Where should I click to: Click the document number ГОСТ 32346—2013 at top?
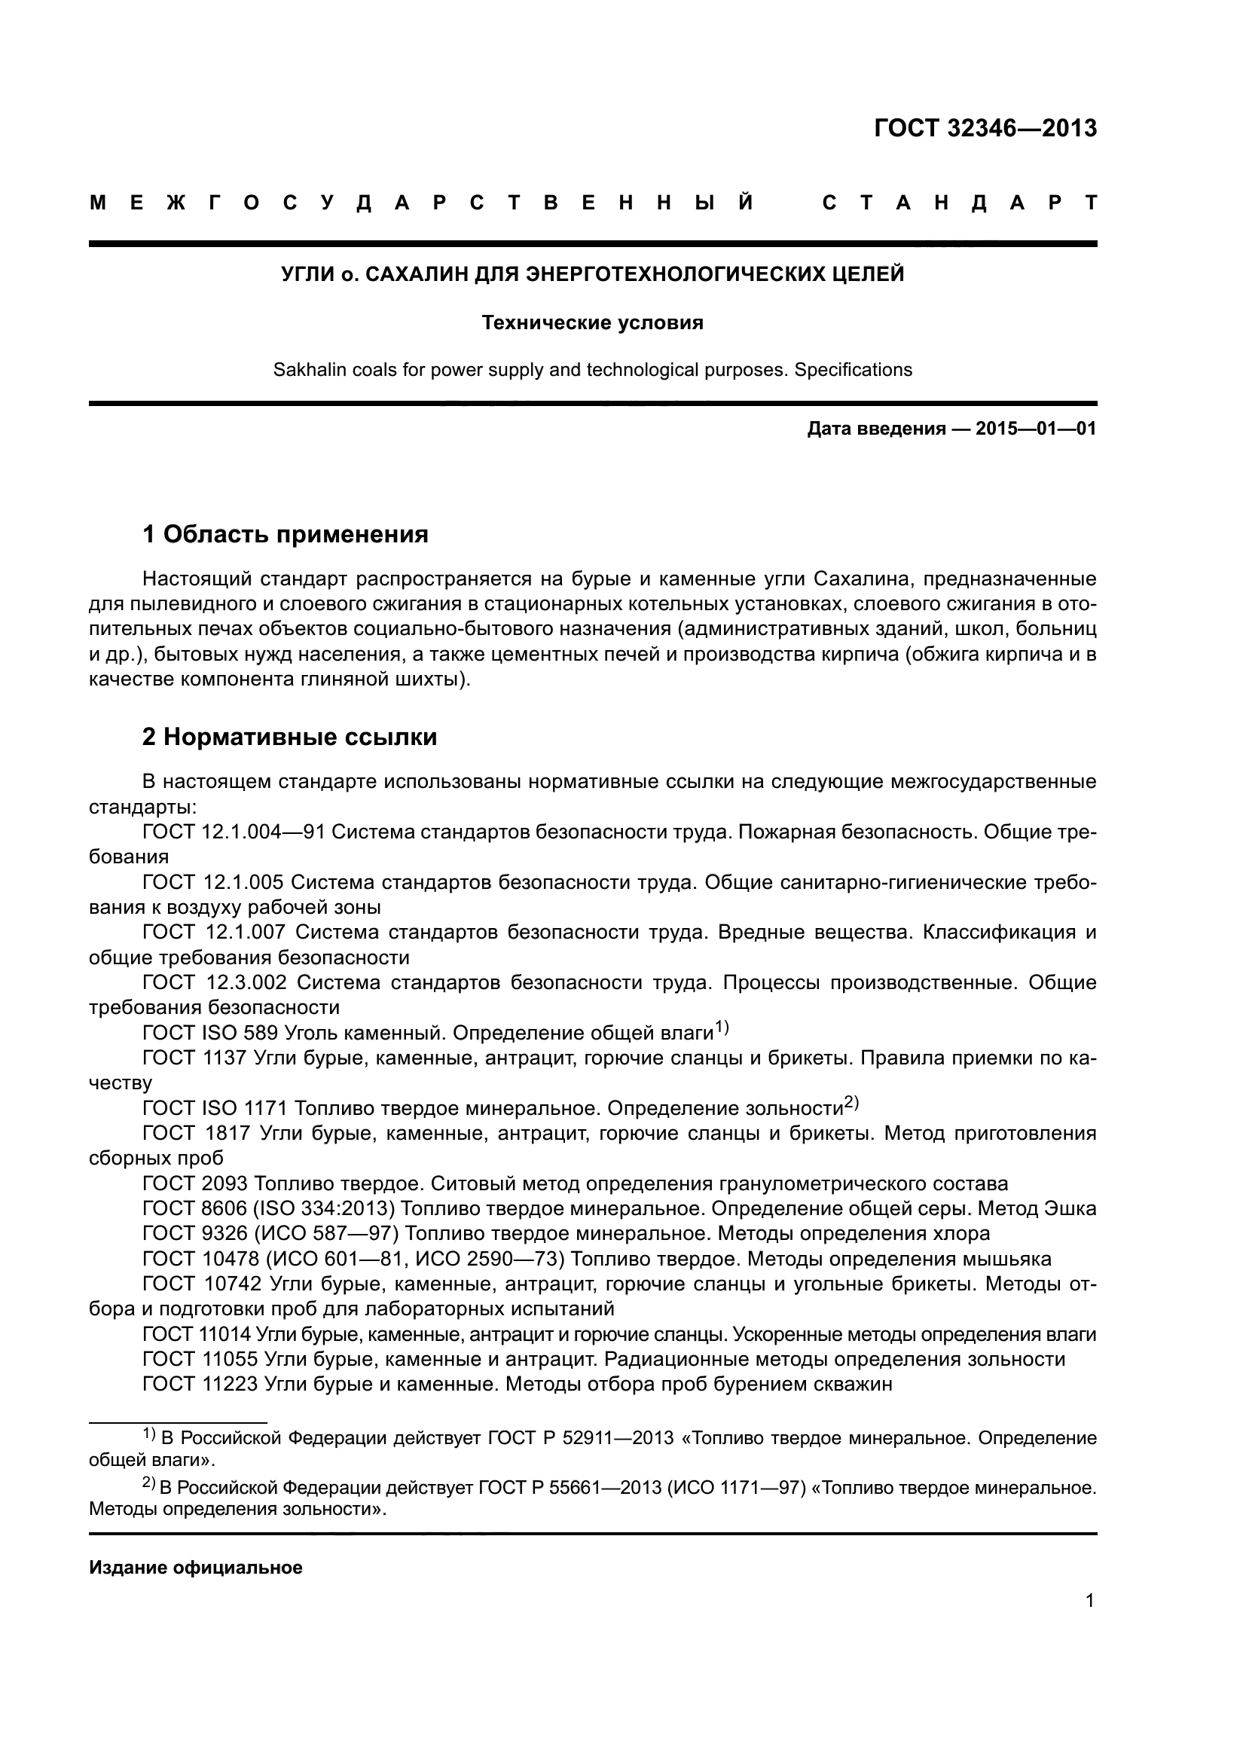tap(985, 128)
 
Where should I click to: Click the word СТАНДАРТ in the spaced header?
tap(959, 203)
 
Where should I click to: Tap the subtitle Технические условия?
tap(592, 323)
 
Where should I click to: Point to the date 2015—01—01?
tap(1035, 429)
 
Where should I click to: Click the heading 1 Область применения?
tap(286, 534)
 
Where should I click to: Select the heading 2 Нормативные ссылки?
tap(290, 737)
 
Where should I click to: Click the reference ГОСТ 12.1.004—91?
tap(234, 832)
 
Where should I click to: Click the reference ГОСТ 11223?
tap(200, 1385)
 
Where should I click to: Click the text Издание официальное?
tap(196, 1568)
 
